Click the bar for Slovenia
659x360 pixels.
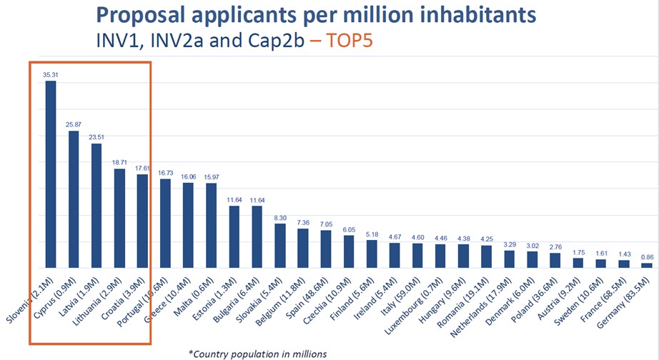(51, 174)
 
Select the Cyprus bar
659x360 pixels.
(74, 199)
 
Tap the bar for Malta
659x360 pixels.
(211, 225)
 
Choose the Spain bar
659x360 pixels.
(326, 249)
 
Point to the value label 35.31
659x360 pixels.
(51, 74)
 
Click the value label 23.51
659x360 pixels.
(96, 137)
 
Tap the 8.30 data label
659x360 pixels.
(280, 217)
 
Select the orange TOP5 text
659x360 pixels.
(355, 41)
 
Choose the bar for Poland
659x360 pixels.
(555, 260)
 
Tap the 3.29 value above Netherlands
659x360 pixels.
(509, 244)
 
